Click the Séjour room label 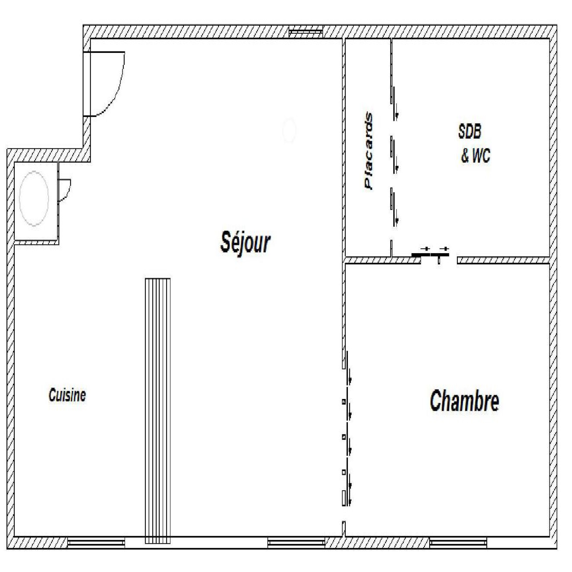pos(245,242)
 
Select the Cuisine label pos(67,395)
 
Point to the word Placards pos(369,151)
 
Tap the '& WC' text pos(475,156)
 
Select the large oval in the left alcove pos(34,198)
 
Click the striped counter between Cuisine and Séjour pos(158,411)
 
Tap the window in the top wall pos(306,32)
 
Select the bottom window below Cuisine pos(96,543)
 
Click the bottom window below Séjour pos(296,543)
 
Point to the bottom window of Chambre pos(458,543)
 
